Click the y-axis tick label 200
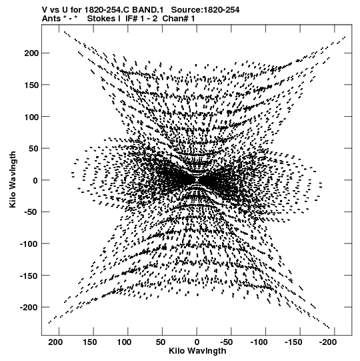coord(31,53)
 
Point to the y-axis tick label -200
coord(28,308)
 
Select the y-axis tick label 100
coord(31,117)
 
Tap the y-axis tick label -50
coord(31,212)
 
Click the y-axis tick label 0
coord(35,180)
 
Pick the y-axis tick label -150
coord(28,276)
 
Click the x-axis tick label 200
coord(56,342)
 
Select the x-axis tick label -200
coord(328,342)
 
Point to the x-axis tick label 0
coord(197,342)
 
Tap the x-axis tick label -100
coord(259,342)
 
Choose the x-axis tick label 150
coord(90,342)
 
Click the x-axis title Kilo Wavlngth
coord(197,351)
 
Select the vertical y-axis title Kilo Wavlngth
coord(13,179)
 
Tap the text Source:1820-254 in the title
coord(205,10)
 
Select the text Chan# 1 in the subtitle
coord(179,19)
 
